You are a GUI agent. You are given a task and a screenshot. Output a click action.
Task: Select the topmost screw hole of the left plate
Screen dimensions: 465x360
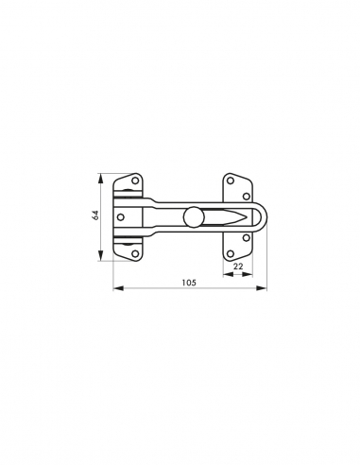[135, 180]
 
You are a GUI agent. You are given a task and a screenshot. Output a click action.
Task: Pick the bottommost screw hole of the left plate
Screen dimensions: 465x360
[135, 253]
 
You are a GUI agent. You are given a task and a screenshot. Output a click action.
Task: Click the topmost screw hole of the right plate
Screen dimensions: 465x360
[231, 180]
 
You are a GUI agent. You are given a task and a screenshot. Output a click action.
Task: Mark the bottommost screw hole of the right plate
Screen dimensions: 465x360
[231, 253]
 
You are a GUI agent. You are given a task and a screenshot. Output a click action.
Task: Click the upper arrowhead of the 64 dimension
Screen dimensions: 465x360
[102, 176]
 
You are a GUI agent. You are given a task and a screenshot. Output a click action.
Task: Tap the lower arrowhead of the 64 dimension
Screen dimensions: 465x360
[102, 257]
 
